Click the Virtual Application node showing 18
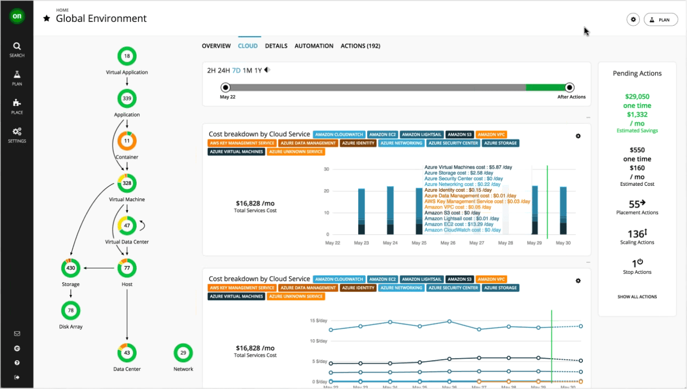click(x=127, y=56)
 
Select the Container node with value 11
click(x=127, y=141)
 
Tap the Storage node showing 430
click(x=71, y=268)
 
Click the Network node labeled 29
click(x=183, y=353)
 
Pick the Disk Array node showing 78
click(x=71, y=310)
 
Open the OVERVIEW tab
click(x=216, y=46)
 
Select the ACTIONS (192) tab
click(x=360, y=46)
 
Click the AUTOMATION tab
click(x=314, y=46)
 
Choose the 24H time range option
click(x=224, y=71)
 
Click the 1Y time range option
click(x=258, y=71)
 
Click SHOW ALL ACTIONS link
click(x=637, y=297)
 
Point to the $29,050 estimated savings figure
click(x=637, y=97)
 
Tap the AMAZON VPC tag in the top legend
click(x=492, y=135)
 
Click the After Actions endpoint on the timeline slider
click(x=570, y=87)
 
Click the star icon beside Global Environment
click(x=47, y=19)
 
